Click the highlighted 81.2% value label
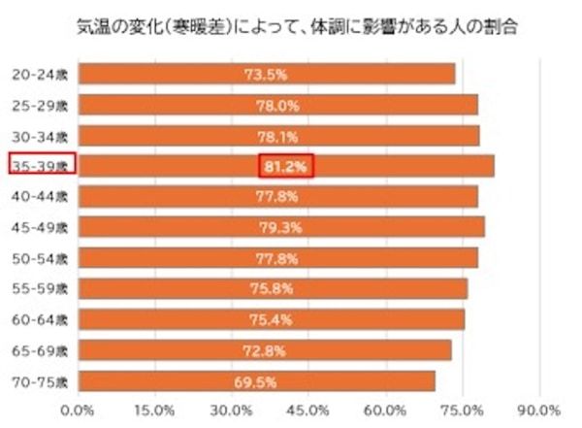[286, 167]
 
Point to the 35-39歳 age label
[42, 166]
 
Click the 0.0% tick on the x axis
[78, 408]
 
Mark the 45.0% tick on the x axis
[307, 408]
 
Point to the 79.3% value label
[281, 228]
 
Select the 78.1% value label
[278, 136]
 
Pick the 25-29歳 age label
[42, 105]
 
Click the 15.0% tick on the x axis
[154, 408]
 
